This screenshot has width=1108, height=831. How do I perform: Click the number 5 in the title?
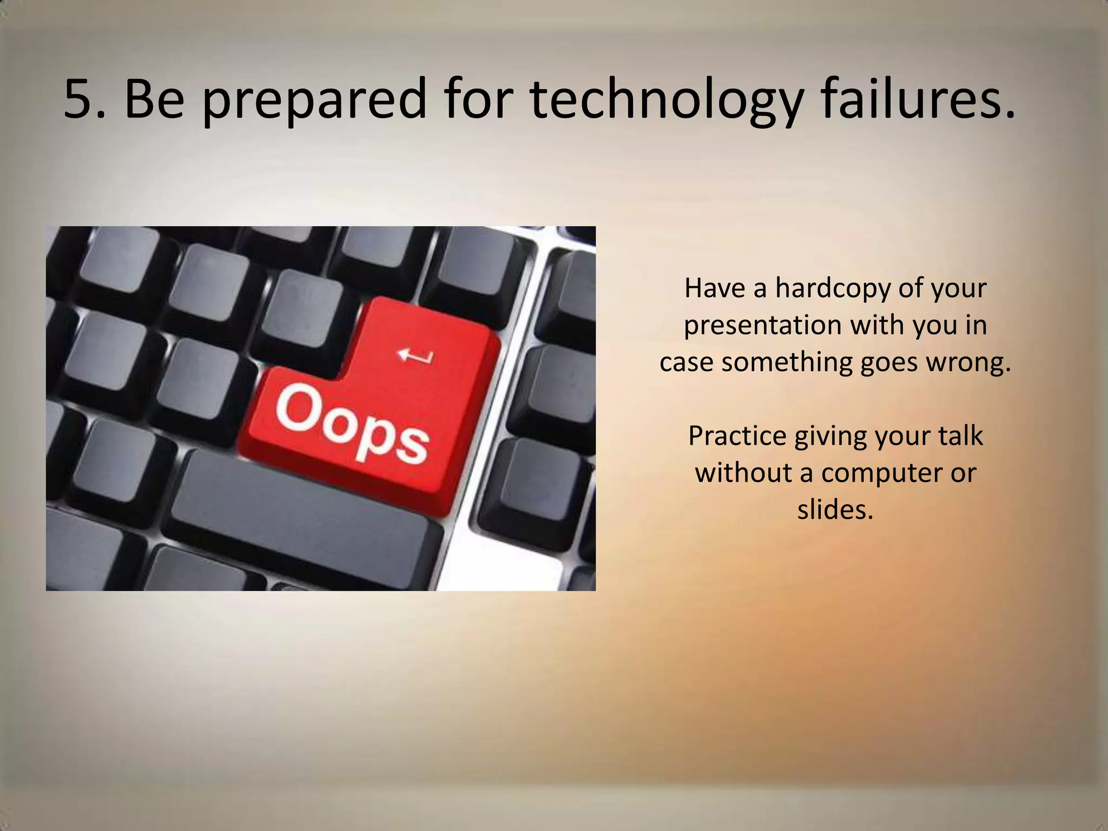[79, 99]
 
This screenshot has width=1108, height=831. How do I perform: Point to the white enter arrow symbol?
[415, 356]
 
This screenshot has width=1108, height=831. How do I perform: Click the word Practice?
[737, 436]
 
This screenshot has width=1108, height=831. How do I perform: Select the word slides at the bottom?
[835, 509]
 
